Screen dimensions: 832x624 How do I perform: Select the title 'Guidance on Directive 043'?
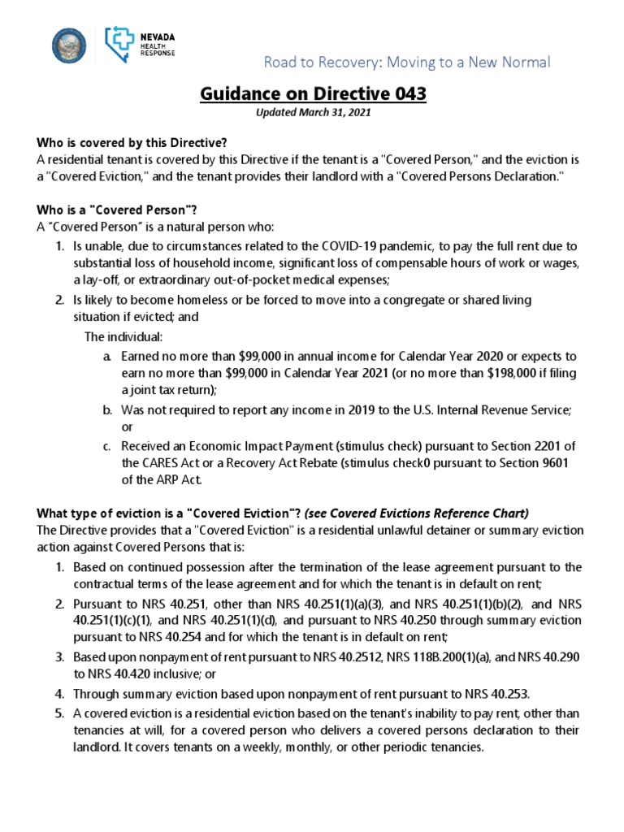(x=313, y=94)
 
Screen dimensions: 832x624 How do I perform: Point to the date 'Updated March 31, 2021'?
(x=313, y=114)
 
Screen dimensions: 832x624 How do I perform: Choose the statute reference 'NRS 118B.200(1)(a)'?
(x=458, y=656)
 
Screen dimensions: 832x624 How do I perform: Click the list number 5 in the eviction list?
(x=59, y=713)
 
